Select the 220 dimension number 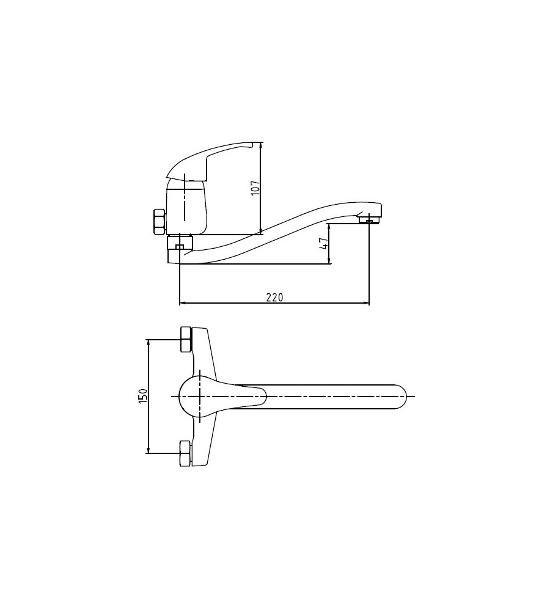(275, 298)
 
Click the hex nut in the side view (159, 221)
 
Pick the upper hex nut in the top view (185, 339)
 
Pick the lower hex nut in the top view (185, 453)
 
